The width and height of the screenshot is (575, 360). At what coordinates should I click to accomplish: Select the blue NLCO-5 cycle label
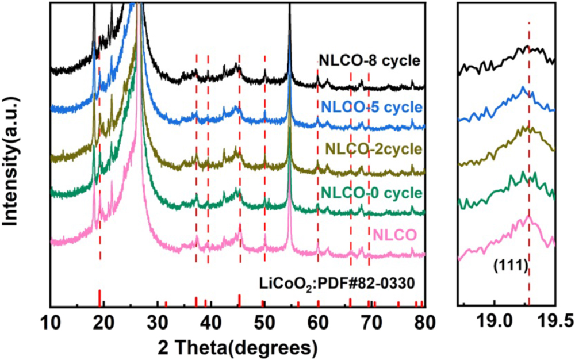[371, 107]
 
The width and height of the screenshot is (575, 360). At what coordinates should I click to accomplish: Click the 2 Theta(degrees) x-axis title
[236, 347]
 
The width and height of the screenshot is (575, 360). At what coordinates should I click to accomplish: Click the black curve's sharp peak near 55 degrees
[290, 7]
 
